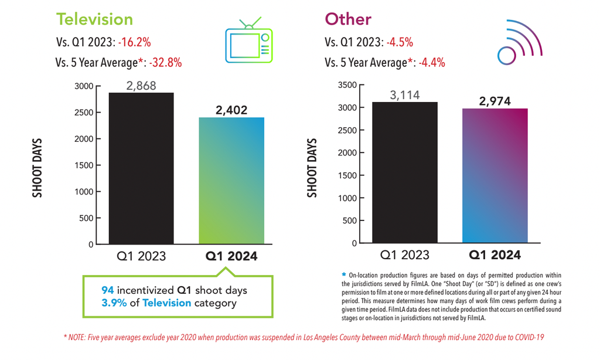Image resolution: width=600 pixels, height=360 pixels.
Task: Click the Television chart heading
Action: pos(94,19)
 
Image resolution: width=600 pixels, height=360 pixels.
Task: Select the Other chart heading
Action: pos(348,19)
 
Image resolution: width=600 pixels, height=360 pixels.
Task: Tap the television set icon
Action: pos(248,40)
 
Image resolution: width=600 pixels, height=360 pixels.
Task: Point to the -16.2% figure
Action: pos(134,42)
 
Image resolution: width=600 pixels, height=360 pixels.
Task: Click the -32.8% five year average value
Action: pos(165,62)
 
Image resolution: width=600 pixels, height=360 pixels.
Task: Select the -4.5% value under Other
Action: pos(400,42)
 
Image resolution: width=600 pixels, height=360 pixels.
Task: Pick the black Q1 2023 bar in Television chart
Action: pos(141,168)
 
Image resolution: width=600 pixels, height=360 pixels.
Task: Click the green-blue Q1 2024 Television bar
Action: pos(231,181)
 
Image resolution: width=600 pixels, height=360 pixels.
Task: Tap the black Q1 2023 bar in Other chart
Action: pos(405,172)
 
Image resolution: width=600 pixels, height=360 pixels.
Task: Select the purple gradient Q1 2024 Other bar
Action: pos(495,176)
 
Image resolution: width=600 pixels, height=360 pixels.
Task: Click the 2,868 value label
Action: pos(141,86)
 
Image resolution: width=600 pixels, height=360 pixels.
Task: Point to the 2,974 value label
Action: pos(495,101)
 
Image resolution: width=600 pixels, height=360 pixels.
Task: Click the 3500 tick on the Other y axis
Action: pos(347,85)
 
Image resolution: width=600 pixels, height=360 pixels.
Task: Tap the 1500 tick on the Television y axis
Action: pos(84,165)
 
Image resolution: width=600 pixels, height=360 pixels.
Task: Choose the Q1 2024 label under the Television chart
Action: pos(231,256)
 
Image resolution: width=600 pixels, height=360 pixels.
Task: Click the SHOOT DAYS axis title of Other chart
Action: pos(312,168)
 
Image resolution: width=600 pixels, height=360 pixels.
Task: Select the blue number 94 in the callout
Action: pos(108,290)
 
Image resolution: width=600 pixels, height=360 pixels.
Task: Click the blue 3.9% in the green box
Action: pos(114,303)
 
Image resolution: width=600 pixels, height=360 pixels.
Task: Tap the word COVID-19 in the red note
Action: pos(529,337)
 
